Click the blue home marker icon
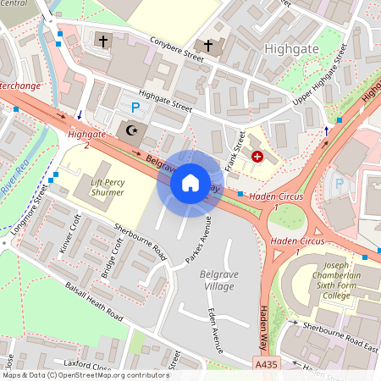(190, 183)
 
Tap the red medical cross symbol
(257, 157)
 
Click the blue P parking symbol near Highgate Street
(135, 108)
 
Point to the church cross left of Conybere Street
(103, 41)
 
